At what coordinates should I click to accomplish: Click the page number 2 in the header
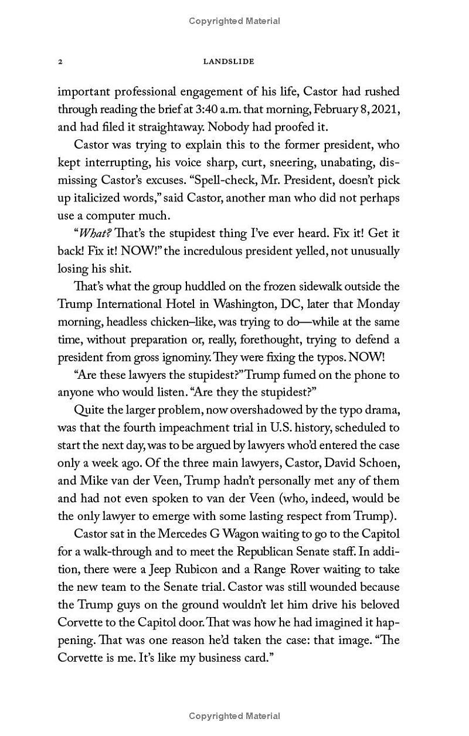click(x=60, y=61)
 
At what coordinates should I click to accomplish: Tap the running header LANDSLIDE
click(x=228, y=61)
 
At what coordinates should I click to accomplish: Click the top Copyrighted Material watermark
click(x=235, y=21)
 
